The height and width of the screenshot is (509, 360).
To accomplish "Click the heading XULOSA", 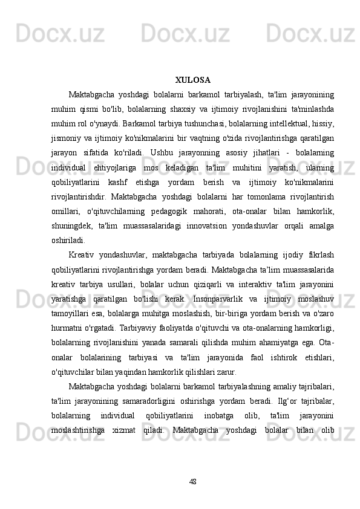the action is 192,80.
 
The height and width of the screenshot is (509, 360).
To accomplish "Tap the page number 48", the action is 192,464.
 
